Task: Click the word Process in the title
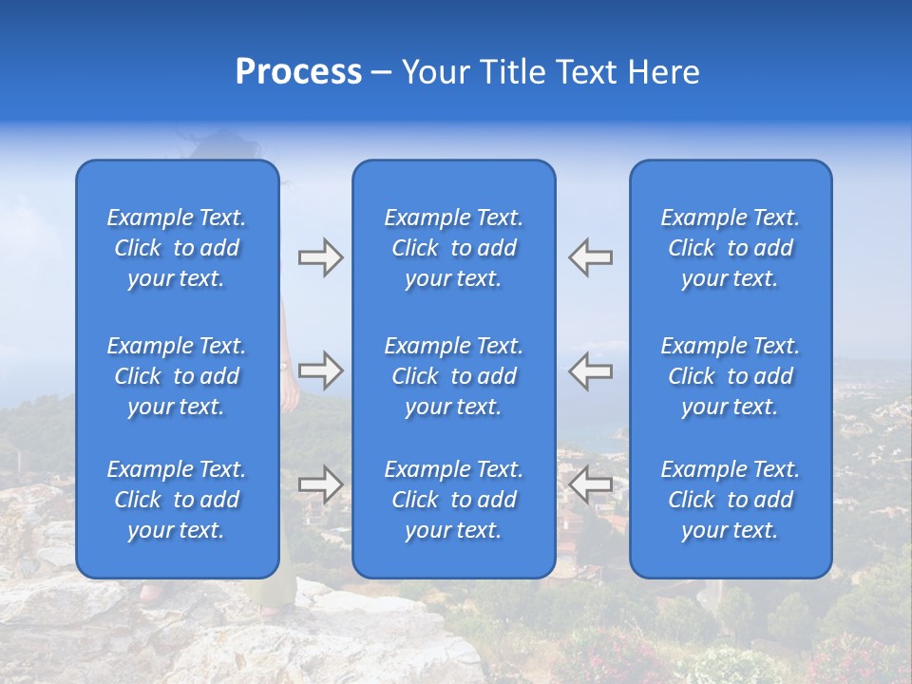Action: coord(298,72)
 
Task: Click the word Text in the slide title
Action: coord(586,72)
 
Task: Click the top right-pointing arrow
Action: coord(320,257)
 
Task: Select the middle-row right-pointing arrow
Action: coord(320,370)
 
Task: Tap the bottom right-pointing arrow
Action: coord(320,484)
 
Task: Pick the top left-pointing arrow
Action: coord(591,257)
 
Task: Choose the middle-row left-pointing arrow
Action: coord(591,370)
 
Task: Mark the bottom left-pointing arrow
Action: coord(591,484)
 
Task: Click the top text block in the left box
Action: coord(177,248)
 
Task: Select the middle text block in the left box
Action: coord(177,376)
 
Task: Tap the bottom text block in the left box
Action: coord(177,500)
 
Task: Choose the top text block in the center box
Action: coord(453,248)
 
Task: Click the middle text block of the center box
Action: coord(453,376)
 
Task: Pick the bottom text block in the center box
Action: coord(453,500)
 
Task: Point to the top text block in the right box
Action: coord(731,248)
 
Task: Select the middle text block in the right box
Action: coord(731,376)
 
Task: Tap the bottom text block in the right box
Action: coord(731,500)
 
